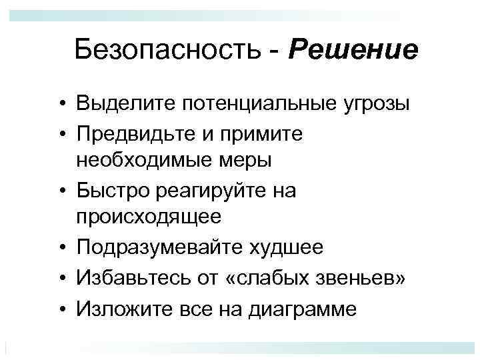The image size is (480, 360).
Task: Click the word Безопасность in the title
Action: [x=170, y=49]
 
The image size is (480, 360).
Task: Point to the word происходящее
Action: [x=148, y=218]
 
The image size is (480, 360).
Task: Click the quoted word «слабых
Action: [x=257, y=275]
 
